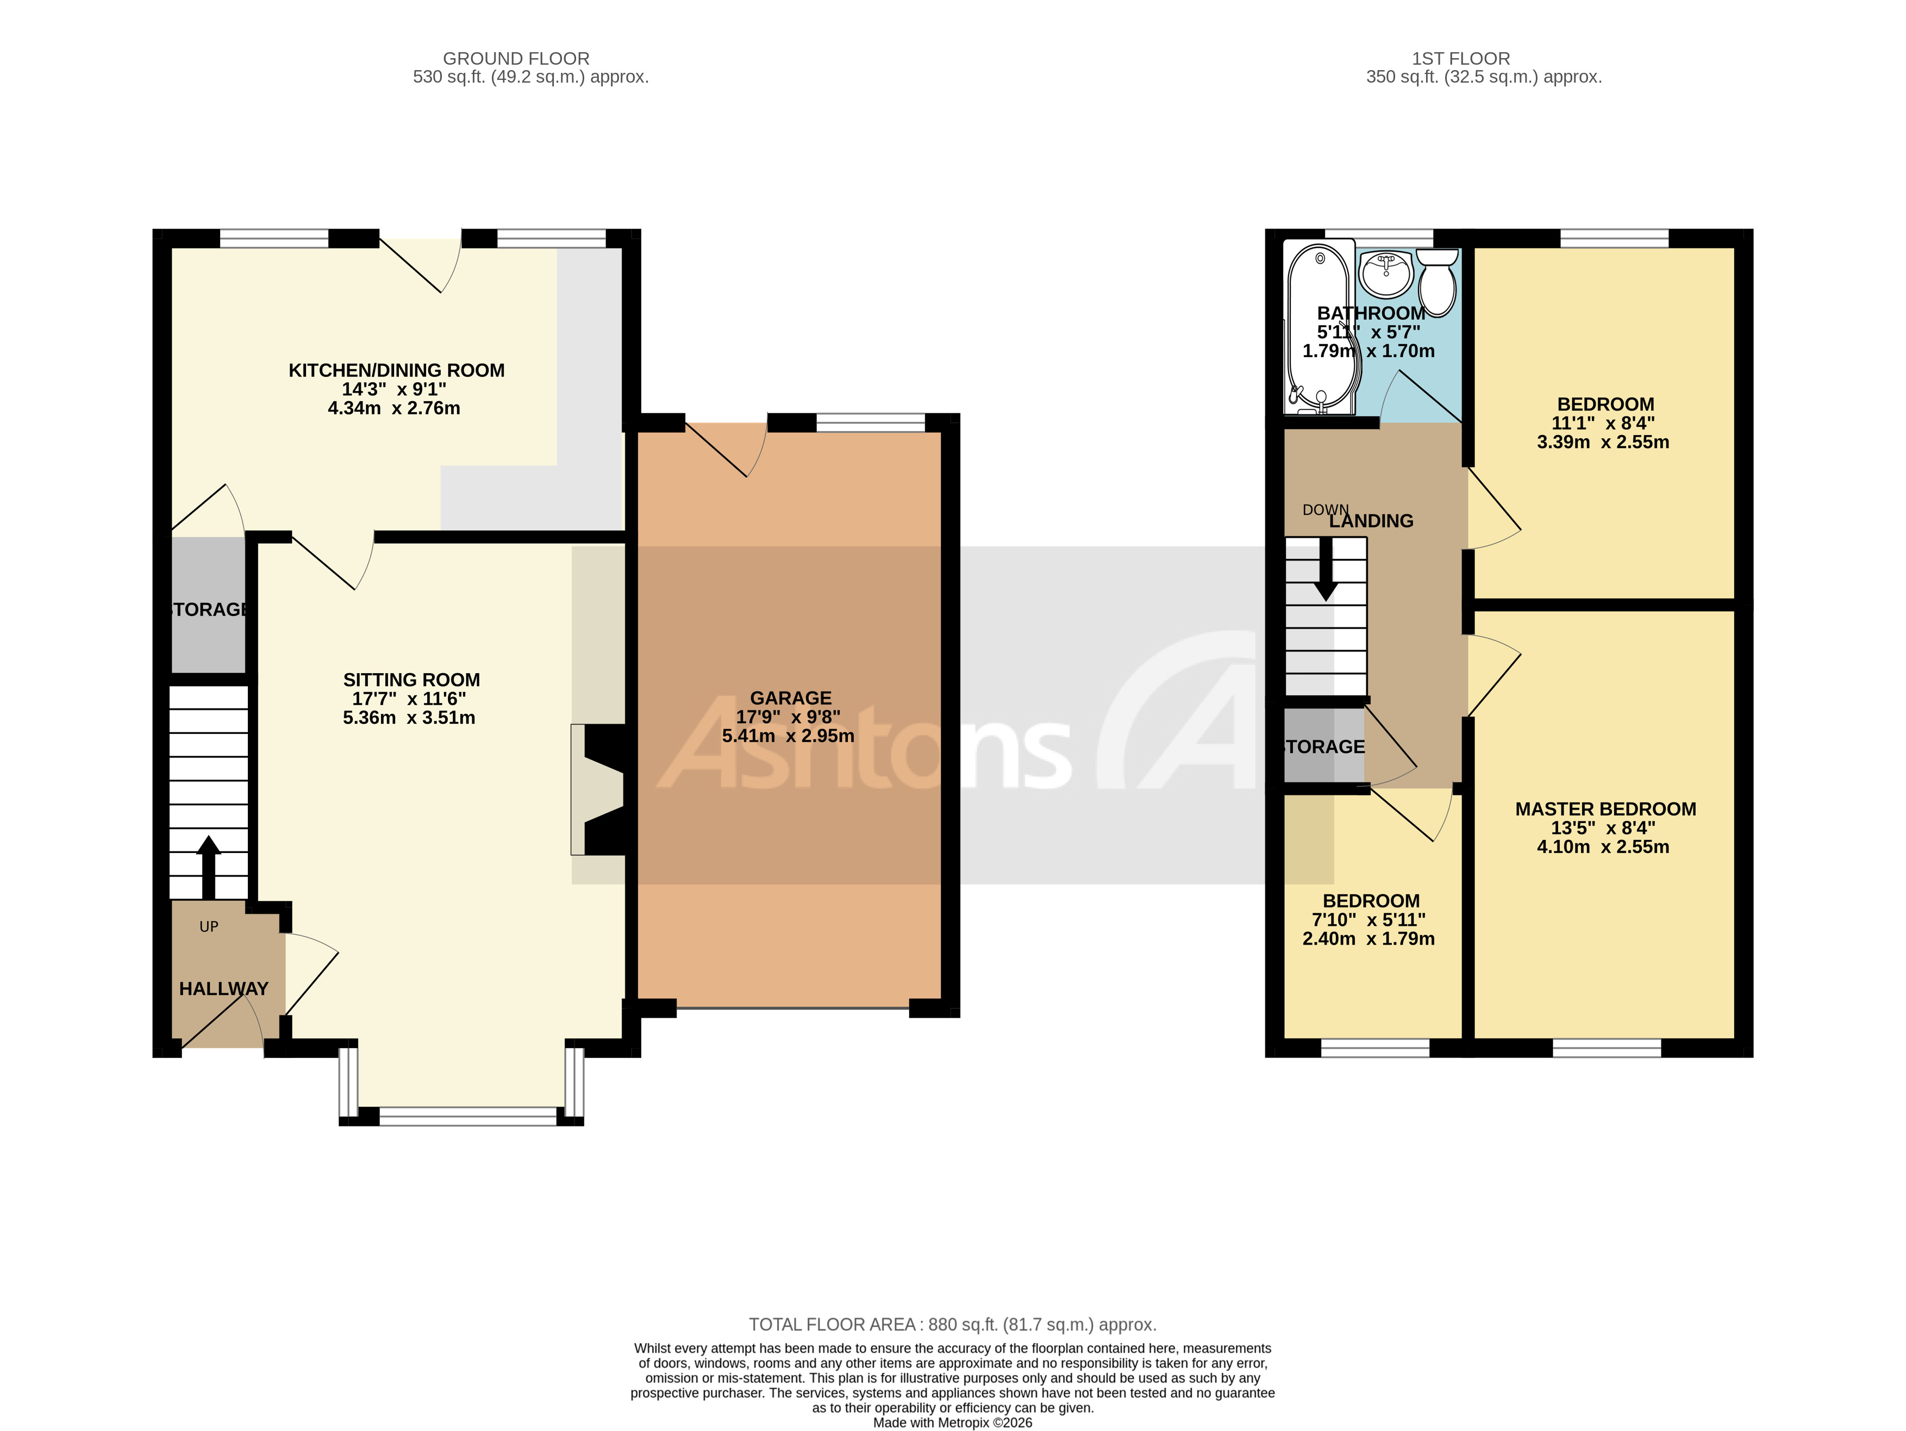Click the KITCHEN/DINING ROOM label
tap(396, 371)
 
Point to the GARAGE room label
tap(790, 698)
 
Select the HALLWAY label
tap(223, 989)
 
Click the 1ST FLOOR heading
tap(1460, 59)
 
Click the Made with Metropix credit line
tap(952, 1422)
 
